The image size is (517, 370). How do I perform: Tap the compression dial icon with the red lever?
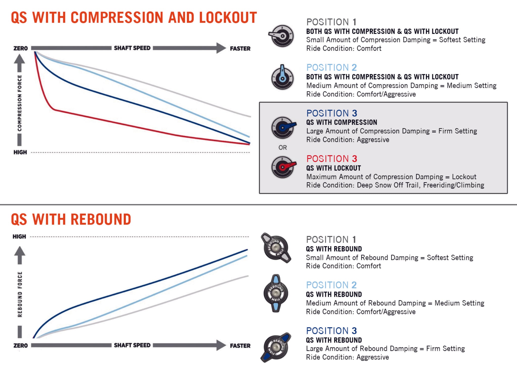click(x=283, y=167)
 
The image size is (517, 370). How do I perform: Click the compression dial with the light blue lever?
click(x=282, y=77)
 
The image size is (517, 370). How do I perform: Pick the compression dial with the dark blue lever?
click(x=283, y=127)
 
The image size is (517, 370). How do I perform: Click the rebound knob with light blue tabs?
click(x=276, y=293)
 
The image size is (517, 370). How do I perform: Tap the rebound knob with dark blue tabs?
click(x=276, y=347)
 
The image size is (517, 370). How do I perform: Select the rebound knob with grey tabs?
click(x=276, y=248)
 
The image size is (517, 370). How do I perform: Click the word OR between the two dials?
click(x=282, y=148)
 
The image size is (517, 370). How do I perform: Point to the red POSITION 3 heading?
click(x=331, y=159)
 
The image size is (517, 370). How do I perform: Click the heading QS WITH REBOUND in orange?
click(x=71, y=219)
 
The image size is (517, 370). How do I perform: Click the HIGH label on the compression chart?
click(x=20, y=152)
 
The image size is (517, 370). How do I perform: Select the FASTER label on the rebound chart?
click(x=240, y=346)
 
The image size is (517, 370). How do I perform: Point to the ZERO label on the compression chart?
click(x=20, y=48)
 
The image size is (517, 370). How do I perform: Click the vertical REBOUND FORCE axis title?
click(x=20, y=294)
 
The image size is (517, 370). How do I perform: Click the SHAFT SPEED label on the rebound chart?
click(x=132, y=345)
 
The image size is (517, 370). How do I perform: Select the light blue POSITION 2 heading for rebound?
click(x=331, y=285)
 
